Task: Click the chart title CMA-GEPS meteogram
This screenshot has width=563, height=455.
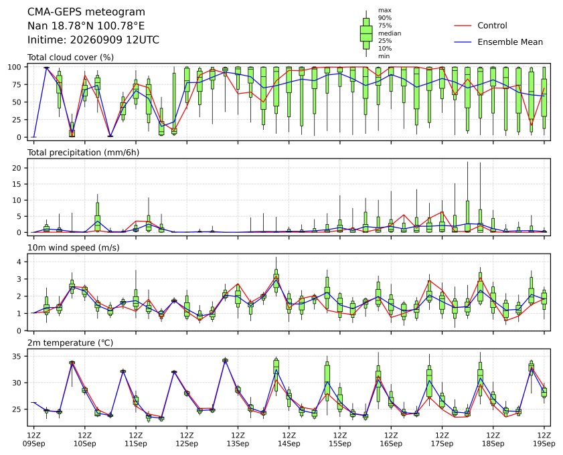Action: click(x=86, y=12)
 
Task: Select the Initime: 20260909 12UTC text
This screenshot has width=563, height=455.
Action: click(x=93, y=39)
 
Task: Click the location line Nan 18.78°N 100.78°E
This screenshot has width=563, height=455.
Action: click(x=86, y=26)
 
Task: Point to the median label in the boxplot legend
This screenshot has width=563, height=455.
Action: click(x=390, y=33)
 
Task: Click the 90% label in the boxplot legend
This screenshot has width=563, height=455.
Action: click(x=384, y=18)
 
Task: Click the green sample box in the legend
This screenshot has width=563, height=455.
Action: click(x=366, y=33)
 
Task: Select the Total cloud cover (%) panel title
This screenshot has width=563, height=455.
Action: click(x=71, y=58)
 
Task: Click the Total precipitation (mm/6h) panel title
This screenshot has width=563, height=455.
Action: click(x=83, y=153)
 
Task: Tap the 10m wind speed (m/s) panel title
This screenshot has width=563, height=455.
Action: click(x=74, y=248)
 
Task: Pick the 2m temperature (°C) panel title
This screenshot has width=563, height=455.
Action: click(x=70, y=343)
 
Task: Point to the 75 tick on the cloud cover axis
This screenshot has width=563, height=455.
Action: click(x=17, y=85)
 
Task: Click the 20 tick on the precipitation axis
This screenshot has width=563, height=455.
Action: click(x=17, y=168)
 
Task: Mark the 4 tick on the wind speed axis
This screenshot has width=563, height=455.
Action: click(x=19, y=262)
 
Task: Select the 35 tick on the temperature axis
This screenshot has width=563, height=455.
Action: click(x=17, y=357)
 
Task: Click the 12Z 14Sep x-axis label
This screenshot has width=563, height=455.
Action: click(x=289, y=440)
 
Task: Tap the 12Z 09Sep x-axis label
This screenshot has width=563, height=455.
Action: click(x=34, y=440)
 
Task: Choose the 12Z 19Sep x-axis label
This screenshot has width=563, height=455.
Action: click(x=544, y=440)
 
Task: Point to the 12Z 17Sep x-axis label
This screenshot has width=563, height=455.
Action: click(x=442, y=440)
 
